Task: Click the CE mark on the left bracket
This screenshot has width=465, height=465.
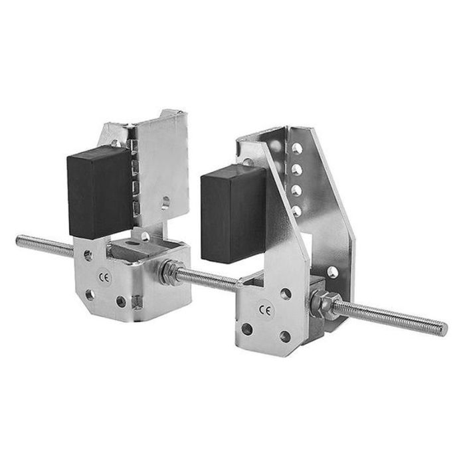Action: click(104, 276)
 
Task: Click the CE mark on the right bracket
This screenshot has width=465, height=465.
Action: click(266, 310)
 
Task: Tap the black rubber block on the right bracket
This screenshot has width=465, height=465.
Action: click(233, 213)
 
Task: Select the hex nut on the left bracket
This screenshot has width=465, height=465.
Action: click(169, 272)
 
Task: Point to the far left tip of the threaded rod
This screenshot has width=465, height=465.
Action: click(19, 240)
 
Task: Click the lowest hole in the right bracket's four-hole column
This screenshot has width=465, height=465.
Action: click(296, 211)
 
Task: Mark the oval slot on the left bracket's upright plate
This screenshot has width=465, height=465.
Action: click(165, 202)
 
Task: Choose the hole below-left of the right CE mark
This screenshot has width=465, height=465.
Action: click(247, 328)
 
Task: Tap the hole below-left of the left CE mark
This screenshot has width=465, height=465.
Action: click(90, 294)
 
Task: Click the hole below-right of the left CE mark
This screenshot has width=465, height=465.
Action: click(122, 302)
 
